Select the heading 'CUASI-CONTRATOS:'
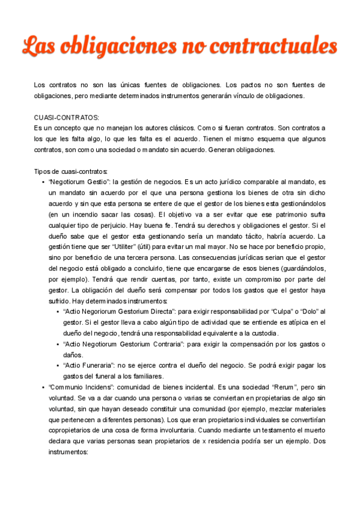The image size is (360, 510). click(x=67, y=117)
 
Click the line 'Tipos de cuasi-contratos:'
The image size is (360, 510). click(x=71, y=171)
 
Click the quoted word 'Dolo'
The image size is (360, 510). click(x=306, y=311)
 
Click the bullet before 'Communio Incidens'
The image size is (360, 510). click(x=43, y=387)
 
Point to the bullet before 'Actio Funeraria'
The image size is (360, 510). click(x=57, y=365)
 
